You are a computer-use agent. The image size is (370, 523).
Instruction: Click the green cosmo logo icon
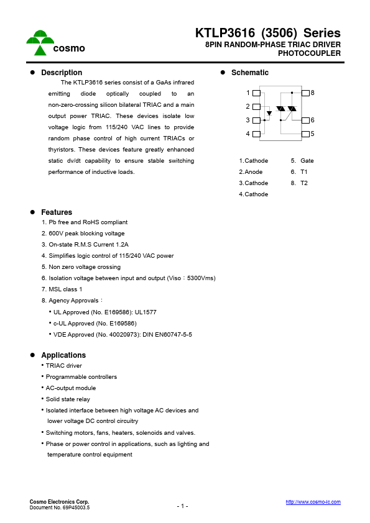coord(40,42)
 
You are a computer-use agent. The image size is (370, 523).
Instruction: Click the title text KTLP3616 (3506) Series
coord(267,34)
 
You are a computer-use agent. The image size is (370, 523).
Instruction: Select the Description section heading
coord(62,73)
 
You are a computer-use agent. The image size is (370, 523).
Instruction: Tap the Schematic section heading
coord(249,73)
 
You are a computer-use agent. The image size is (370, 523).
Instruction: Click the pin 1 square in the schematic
coord(256,93)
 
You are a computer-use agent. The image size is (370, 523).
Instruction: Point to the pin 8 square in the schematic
coord(305,93)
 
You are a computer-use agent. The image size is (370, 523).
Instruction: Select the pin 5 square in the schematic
coord(305,134)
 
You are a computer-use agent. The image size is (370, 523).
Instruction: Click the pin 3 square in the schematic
coord(256,120)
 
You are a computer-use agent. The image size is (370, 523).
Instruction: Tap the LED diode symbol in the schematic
coord(269,114)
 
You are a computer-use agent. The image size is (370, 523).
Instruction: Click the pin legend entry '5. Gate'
coord(302,160)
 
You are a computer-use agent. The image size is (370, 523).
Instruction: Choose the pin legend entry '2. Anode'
coord(251,171)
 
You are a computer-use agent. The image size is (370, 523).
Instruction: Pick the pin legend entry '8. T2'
coord(299,183)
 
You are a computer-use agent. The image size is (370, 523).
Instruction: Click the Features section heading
coord(57,212)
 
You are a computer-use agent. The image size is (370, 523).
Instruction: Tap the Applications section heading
coord(63,355)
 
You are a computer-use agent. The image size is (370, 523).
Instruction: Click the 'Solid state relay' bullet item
coord(67,399)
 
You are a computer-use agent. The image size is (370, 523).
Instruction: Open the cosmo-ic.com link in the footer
coord(313,502)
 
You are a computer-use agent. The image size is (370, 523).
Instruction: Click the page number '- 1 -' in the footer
coord(182,506)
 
